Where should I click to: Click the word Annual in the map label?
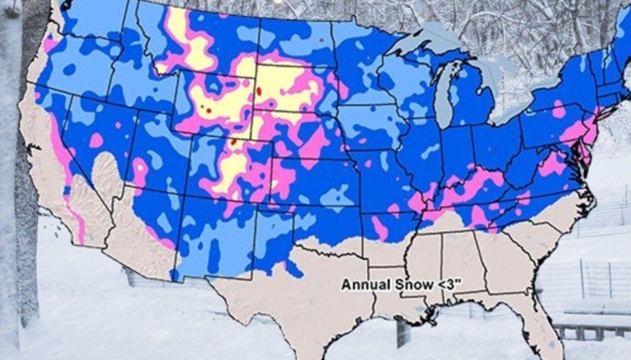[x=362, y=285]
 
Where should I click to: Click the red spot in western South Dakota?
[x=259, y=92]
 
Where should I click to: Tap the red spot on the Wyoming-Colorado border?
[x=234, y=143]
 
